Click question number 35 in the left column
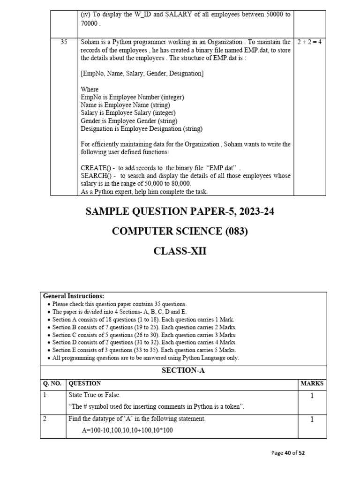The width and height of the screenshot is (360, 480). pos(64,42)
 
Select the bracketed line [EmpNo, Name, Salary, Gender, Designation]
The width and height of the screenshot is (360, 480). pos(142,74)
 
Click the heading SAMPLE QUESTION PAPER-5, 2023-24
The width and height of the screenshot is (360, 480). pos(180,211)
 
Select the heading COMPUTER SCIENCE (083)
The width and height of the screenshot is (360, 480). pos(180,231)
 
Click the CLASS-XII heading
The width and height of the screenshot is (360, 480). pos(180,251)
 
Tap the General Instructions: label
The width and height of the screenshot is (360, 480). pos(74,296)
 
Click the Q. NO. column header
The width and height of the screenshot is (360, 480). pos(52,383)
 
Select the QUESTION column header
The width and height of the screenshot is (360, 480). pos(85,383)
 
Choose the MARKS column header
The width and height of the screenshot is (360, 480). pos(312,383)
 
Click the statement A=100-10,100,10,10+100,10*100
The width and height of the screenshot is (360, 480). pos(127,430)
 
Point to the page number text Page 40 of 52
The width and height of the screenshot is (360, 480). pos(288,453)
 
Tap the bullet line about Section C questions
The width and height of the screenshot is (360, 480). pos(144,335)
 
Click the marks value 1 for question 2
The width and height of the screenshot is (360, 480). pos(312,420)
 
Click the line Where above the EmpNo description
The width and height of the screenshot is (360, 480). pos(90,89)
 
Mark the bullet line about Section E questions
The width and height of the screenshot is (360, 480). pos(144,350)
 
